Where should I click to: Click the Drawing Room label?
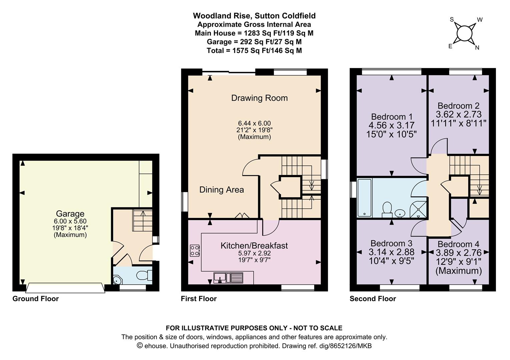pos(259,98)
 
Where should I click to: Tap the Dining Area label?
pos(221,190)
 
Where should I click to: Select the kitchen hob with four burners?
pos(195,250)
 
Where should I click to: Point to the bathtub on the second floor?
pos(365,198)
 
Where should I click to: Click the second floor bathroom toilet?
pos(387,210)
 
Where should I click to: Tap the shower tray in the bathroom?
pos(418,209)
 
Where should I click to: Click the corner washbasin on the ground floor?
pos(117,280)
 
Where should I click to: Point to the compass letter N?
pos(477,48)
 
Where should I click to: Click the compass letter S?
pos(452,20)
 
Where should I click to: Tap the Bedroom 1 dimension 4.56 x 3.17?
pos(391,125)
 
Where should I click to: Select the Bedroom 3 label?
pos(391,243)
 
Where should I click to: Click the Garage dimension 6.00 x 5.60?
pos(70,221)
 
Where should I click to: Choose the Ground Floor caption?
pos(35,299)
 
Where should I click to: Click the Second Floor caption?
pos(373,299)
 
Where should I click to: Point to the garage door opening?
pos(65,288)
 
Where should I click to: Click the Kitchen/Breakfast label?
pos(254,246)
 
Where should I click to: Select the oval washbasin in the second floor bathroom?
pos(400,213)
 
